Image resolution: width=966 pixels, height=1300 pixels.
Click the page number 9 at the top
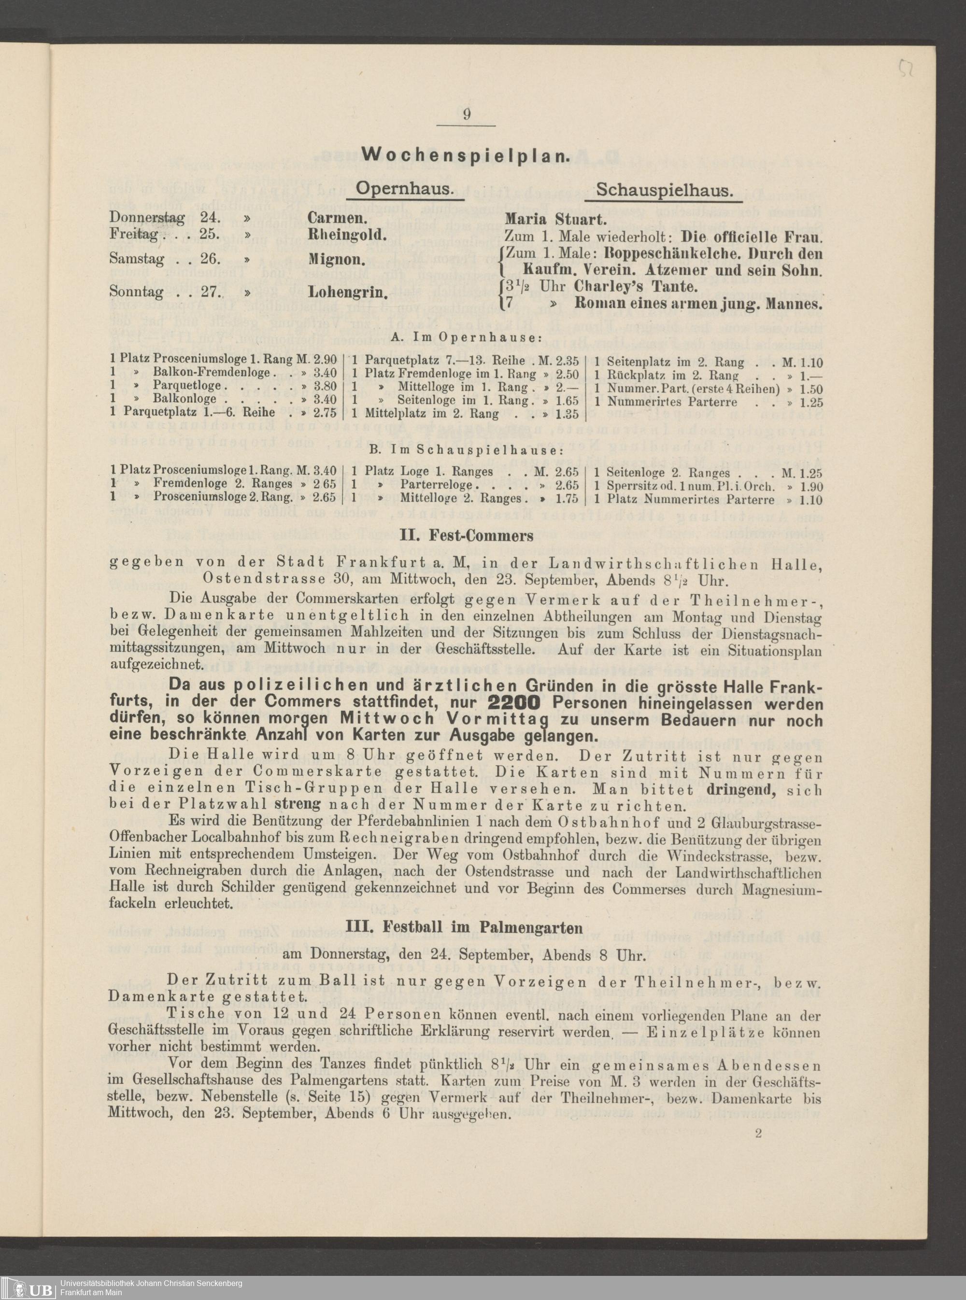pyautogui.click(x=467, y=114)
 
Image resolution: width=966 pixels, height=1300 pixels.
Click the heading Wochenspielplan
pyautogui.click(x=466, y=155)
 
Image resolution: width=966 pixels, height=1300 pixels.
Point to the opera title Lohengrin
pyautogui.click(x=347, y=292)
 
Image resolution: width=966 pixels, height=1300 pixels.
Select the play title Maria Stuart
pyautogui.click(x=556, y=220)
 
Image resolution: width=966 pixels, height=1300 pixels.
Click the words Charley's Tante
pyautogui.click(x=636, y=287)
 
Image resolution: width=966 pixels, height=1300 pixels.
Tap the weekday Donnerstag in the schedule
pyautogui.click(x=147, y=219)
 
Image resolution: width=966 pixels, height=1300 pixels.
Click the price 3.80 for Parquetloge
pyautogui.click(x=325, y=386)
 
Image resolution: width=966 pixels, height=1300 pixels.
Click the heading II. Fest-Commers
pyautogui.click(x=466, y=535)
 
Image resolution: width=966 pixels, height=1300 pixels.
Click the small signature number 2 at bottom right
pyautogui.click(x=759, y=1134)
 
